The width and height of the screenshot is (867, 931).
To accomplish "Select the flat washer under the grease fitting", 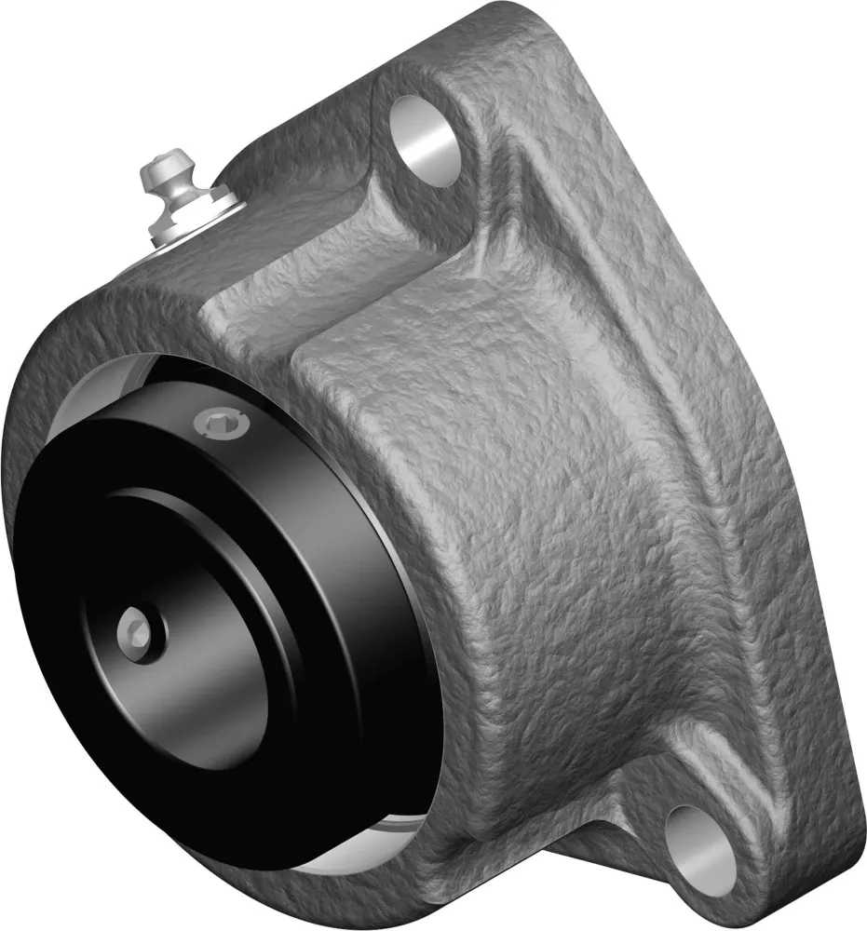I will point(209,209).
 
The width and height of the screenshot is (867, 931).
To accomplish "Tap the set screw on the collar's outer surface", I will point(221,426).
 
